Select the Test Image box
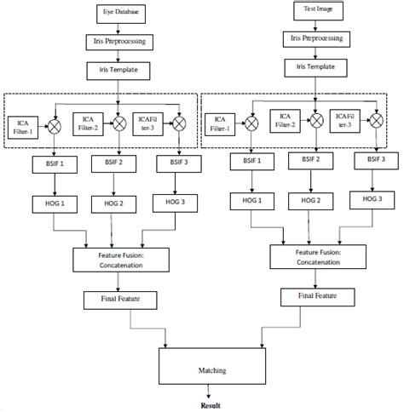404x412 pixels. [x=316, y=11]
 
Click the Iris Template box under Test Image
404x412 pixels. [x=316, y=66]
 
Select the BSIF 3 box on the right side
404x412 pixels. [x=376, y=160]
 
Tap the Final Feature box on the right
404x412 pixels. [x=316, y=295]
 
